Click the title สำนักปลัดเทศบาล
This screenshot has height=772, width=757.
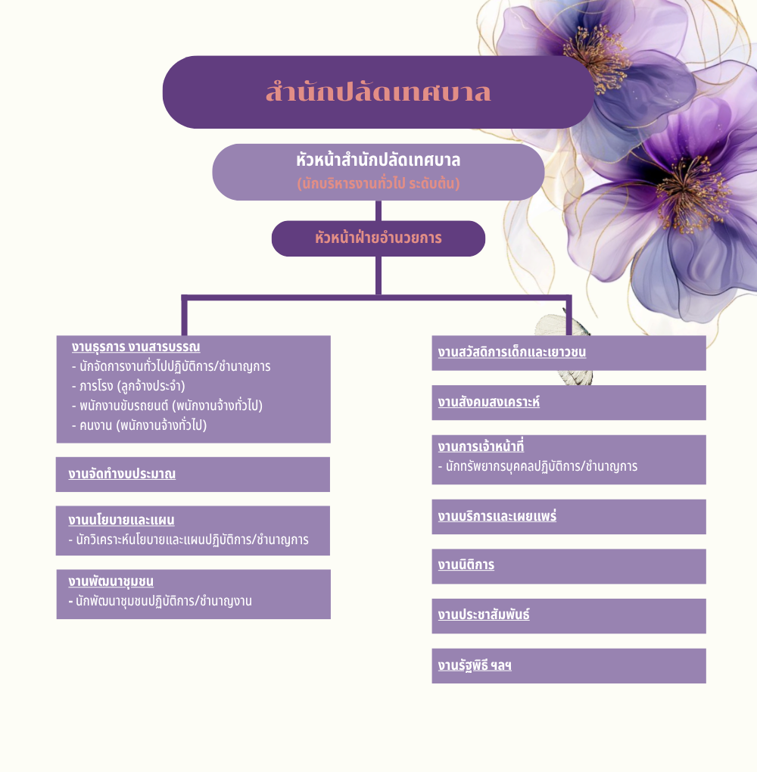click(378, 92)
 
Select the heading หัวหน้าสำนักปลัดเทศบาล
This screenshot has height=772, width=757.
click(378, 160)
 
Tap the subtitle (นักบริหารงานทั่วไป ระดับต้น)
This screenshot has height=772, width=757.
click(378, 184)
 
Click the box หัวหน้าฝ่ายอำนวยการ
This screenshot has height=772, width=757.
click(378, 238)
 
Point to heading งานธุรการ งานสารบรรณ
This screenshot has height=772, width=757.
click(136, 347)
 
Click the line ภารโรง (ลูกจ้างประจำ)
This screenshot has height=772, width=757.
click(129, 386)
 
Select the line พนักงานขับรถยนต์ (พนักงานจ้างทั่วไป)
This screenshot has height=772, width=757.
click(167, 406)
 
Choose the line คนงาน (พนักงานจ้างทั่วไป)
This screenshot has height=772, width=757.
click(139, 425)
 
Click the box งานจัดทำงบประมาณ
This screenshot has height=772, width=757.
click(192, 474)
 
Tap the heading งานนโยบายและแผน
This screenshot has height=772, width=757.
click(121, 520)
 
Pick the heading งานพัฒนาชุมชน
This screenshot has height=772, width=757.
click(111, 581)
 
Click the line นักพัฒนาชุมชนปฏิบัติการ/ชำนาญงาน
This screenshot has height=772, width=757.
click(160, 601)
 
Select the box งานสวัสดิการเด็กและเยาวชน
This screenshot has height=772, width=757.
click(569, 353)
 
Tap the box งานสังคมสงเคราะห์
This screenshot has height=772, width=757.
click(569, 403)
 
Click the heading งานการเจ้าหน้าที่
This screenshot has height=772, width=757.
click(481, 447)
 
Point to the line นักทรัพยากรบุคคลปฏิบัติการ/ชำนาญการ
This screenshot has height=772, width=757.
click(537, 466)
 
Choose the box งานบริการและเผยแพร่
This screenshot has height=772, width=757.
click(569, 517)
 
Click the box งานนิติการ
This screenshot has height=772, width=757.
click(569, 566)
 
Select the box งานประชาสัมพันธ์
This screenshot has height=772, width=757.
click(569, 616)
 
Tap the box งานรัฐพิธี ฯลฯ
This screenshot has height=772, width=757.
click(569, 666)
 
